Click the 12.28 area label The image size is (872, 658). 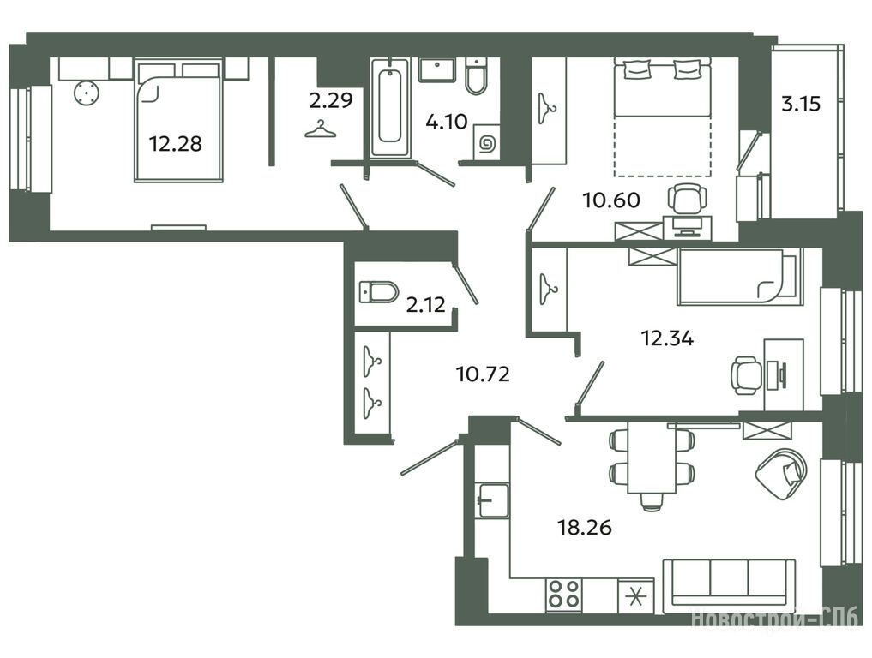175,144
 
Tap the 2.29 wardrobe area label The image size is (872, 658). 331,100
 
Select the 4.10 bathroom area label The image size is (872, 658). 447,121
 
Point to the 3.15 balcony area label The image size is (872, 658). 801,104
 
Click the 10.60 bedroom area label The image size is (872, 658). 611,200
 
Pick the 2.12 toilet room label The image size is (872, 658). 426,304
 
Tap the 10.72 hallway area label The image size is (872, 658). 483,374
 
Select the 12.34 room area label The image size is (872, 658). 667,338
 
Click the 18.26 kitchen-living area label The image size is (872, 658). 585,526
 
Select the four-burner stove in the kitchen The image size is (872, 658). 564,594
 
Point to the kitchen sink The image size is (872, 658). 493,500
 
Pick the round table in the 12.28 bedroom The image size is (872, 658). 87,93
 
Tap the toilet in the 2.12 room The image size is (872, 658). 379,292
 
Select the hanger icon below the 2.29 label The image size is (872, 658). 321,129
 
